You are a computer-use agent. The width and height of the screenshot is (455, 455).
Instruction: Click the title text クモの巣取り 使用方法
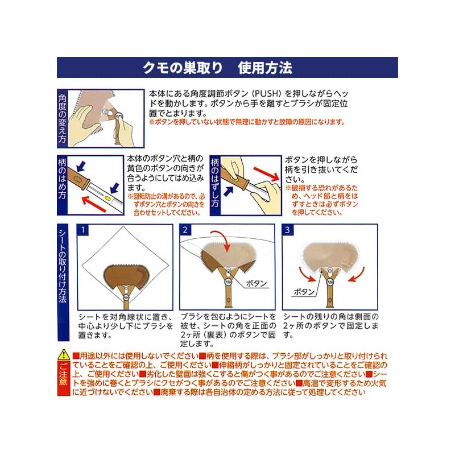(217, 68)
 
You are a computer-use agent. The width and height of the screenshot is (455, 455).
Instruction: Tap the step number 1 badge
(83, 230)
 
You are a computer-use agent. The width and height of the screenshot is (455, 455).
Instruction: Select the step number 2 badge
(185, 230)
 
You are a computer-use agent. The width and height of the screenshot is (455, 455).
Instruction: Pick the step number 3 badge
(287, 230)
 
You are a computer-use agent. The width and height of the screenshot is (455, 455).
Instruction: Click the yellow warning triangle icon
(64, 355)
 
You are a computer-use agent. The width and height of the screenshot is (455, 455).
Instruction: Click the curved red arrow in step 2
(221, 239)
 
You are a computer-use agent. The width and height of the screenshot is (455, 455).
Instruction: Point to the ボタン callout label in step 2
(257, 283)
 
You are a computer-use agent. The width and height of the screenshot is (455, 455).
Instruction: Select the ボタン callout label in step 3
(304, 292)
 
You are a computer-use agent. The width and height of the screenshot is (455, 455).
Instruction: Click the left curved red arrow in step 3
(305, 274)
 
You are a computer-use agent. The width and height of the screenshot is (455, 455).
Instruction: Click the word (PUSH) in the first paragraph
(266, 94)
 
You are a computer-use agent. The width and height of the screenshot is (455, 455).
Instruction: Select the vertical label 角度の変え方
(62, 118)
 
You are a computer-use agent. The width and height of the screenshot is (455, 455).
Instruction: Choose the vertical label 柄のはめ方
(62, 179)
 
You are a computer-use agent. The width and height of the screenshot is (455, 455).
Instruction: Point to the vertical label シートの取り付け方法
(63, 266)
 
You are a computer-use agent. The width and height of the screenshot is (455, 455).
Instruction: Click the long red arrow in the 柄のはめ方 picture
(94, 204)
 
